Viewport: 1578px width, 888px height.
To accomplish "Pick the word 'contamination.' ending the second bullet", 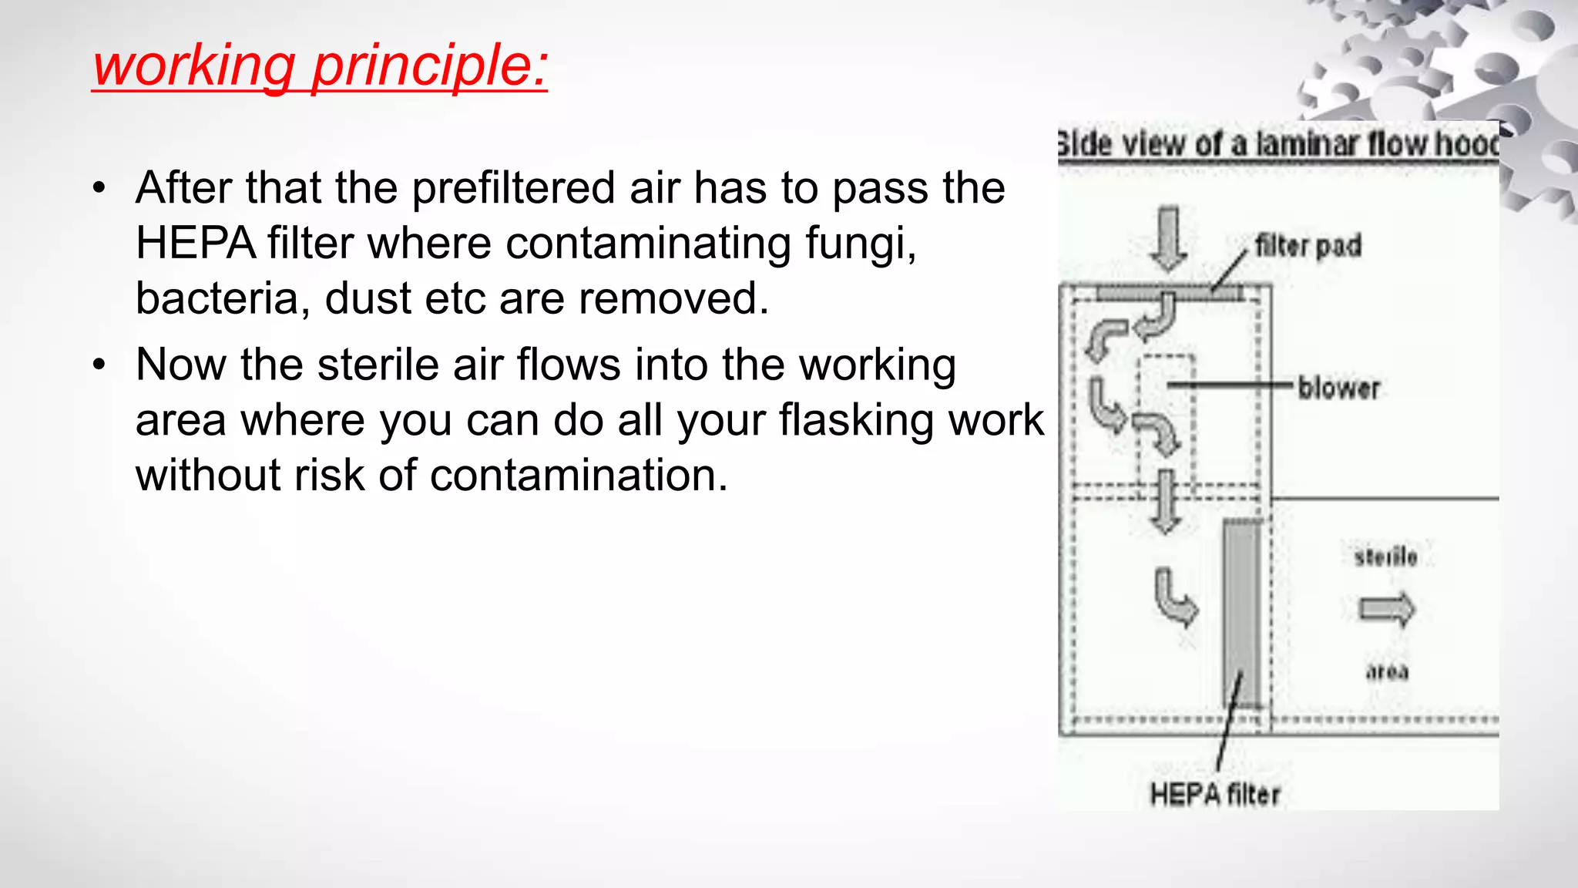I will click(x=578, y=475).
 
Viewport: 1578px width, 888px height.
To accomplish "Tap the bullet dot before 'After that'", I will click(x=99, y=188).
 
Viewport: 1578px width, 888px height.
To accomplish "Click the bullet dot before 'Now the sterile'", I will click(x=99, y=365).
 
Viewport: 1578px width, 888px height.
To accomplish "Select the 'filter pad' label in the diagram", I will click(x=1308, y=246).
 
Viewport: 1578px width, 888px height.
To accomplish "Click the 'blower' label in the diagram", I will click(x=1338, y=388).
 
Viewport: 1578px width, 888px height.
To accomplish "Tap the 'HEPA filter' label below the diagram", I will click(x=1214, y=794).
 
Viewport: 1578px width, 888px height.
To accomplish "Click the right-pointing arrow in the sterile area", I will click(x=1387, y=610).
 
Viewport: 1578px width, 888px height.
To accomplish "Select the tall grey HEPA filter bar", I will click(x=1243, y=613).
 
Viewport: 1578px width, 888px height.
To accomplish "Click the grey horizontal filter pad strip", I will click(x=1168, y=293).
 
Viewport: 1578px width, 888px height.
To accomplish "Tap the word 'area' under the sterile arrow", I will click(x=1387, y=671).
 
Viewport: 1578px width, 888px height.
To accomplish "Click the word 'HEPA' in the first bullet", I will click(x=196, y=244).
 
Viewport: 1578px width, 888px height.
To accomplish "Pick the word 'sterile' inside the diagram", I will click(x=1385, y=557).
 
